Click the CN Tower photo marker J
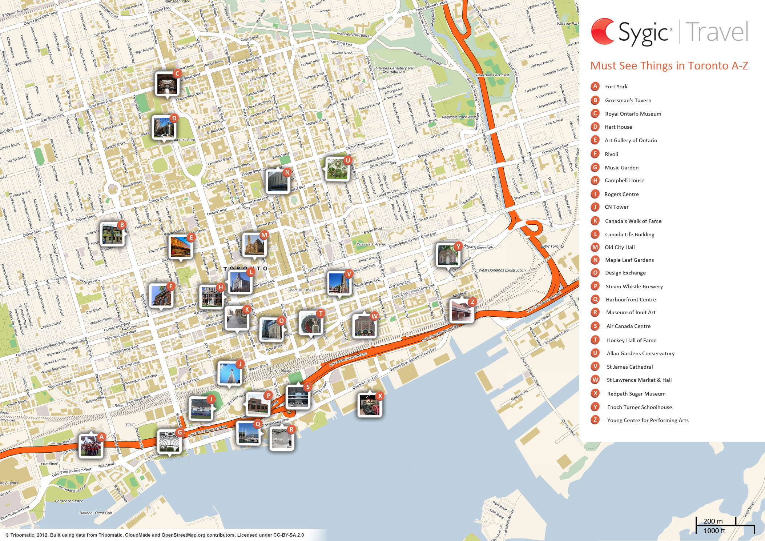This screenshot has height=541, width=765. pyautogui.click(x=229, y=373)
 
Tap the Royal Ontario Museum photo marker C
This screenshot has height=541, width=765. pyautogui.click(x=167, y=83)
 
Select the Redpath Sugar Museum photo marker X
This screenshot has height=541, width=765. pyautogui.click(x=369, y=404)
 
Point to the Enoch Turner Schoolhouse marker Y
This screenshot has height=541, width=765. pyautogui.click(x=448, y=255)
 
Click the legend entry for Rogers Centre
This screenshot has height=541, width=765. pyautogui.click(x=621, y=194)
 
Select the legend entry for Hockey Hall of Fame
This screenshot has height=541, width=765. pyautogui.click(x=631, y=340)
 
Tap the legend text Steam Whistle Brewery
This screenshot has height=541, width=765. pyautogui.click(x=634, y=286)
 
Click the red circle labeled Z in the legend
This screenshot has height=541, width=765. pyautogui.click(x=595, y=420)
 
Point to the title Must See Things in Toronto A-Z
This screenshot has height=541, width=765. pyautogui.click(x=669, y=66)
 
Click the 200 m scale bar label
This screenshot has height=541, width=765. pyautogui.click(x=713, y=521)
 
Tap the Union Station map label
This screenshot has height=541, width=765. pyautogui.click(x=281, y=370)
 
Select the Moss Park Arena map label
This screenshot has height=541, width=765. pyautogui.click(x=370, y=244)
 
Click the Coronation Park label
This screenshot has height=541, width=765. pyautogui.click(x=69, y=501)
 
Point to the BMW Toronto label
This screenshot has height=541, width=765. pyautogui.click(x=552, y=247)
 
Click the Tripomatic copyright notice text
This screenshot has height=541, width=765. pyautogui.click(x=154, y=535)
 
